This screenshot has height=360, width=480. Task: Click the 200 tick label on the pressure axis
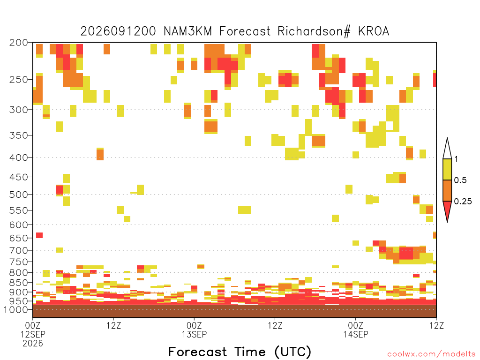pos(19,43)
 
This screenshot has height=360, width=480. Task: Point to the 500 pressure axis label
pos(19,195)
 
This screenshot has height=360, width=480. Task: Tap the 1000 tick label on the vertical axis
pos(16,310)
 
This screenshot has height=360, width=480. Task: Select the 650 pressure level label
pos(19,238)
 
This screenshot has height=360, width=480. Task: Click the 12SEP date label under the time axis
pos(33,334)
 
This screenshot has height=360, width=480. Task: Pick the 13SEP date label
pos(194,334)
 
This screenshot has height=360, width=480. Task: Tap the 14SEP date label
pos(355,334)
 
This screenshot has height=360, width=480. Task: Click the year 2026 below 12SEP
pos(33,344)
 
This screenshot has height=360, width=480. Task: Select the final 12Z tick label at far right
pos(436,325)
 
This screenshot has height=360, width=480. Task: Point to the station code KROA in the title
pos(374,31)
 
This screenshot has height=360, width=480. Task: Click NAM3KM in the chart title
pos(188,31)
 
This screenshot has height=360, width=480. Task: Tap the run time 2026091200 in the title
pos(118,31)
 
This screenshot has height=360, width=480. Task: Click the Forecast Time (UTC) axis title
pos(240,352)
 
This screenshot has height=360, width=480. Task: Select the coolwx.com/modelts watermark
pos(431,354)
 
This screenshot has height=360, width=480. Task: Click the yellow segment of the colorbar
pos(447,169)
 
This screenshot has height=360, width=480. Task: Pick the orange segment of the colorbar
pos(447,190)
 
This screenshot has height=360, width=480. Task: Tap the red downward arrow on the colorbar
pos(447,210)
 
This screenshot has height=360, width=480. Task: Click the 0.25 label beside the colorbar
pos(463,202)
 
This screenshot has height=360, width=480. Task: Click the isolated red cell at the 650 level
pos(39,235)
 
